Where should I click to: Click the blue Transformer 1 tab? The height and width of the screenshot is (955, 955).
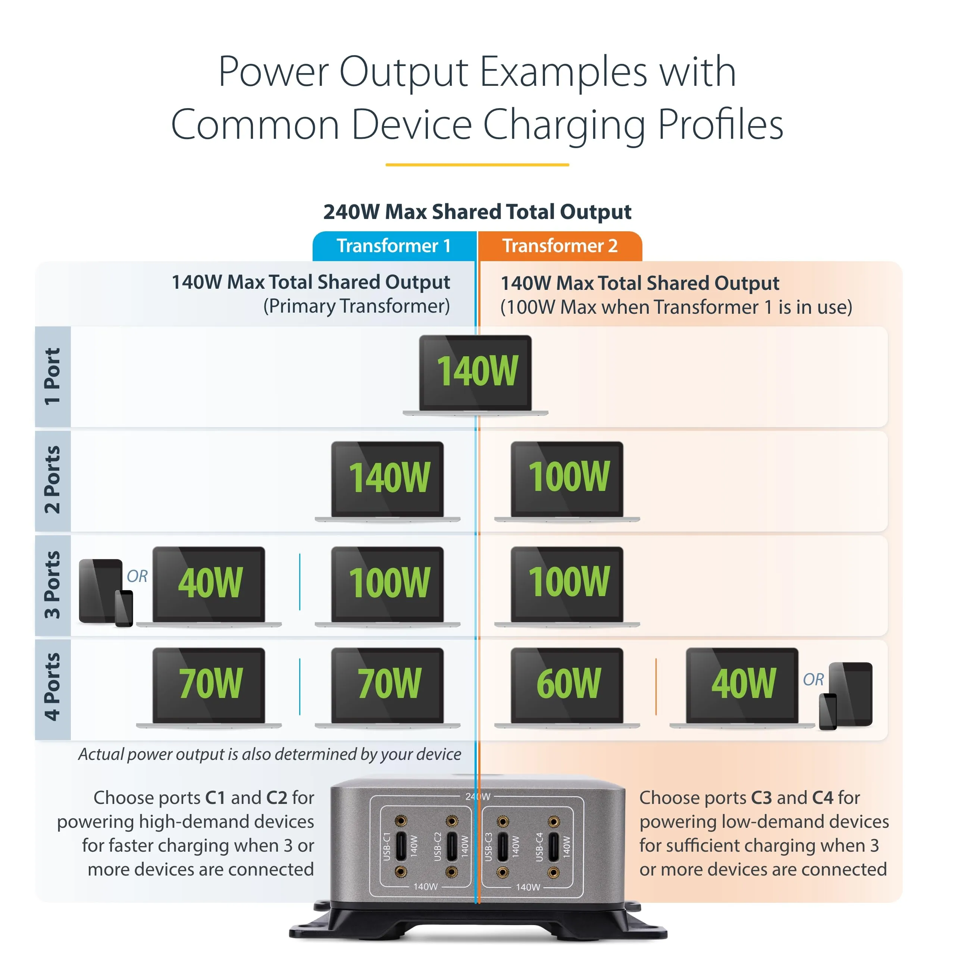(x=394, y=246)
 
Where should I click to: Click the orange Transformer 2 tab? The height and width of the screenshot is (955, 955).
(x=560, y=246)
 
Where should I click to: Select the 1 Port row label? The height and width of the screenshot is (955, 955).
(x=52, y=377)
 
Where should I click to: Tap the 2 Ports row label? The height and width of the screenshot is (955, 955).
(x=52, y=480)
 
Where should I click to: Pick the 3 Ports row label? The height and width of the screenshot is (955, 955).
(x=52, y=585)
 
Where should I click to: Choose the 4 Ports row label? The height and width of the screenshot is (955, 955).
(x=52, y=688)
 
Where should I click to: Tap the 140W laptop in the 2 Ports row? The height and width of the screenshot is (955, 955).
(x=388, y=479)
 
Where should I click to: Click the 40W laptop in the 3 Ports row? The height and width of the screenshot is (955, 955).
(x=209, y=585)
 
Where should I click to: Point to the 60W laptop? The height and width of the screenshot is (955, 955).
(x=567, y=686)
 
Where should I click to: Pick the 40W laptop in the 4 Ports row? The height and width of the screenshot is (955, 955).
(x=742, y=686)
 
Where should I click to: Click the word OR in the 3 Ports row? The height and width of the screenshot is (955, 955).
(x=137, y=576)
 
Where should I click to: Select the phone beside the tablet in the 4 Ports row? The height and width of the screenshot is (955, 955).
(x=828, y=712)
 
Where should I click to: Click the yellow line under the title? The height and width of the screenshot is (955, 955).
(x=477, y=165)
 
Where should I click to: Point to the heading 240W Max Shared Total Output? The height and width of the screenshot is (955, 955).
(x=477, y=212)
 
